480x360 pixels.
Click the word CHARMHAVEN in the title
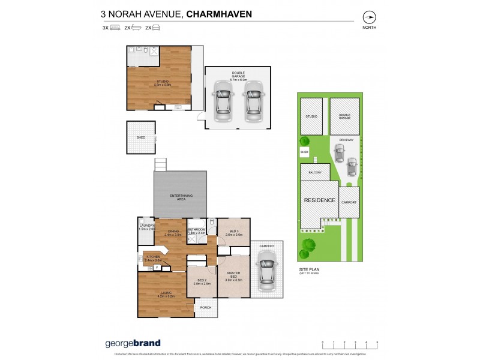[x=220, y=13]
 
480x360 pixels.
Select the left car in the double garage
[x=223, y=101]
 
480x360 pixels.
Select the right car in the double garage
[x=253, y=101]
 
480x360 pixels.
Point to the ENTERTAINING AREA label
[x=181, y=197]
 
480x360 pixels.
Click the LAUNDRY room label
[x=147, y=226]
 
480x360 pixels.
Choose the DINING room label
[x=173, y=233]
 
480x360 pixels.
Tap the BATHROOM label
[x=197, y=230]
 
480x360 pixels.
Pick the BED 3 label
[x=233, y=232]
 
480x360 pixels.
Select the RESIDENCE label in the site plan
[x=319, y=200]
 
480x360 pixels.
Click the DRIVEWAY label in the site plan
[x=346, y=139]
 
